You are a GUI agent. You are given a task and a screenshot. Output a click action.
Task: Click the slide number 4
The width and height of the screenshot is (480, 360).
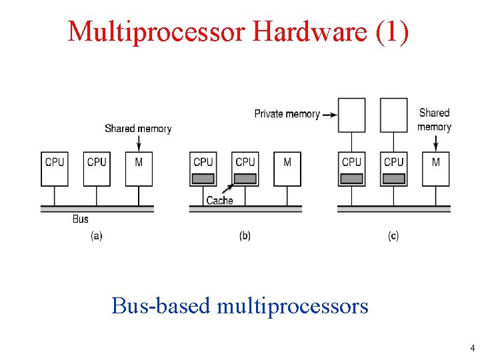click(472, 348)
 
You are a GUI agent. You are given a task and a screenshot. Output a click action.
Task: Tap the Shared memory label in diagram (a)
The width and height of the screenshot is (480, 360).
click(138, 128)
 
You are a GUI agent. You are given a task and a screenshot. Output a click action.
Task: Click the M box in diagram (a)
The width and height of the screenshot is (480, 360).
click(139, 169)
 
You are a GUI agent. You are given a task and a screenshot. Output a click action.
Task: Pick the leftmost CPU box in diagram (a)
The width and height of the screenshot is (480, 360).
click(55, 169)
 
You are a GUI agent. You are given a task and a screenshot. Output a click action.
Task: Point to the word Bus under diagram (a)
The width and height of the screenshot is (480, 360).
click(80, 219)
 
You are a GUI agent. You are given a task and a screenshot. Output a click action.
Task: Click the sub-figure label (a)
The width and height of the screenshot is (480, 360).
click(97, 236)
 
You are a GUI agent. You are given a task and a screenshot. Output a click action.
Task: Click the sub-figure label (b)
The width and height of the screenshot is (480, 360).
click(245, 236)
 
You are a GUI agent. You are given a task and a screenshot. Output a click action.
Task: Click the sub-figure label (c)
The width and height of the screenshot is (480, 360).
click(393, 236)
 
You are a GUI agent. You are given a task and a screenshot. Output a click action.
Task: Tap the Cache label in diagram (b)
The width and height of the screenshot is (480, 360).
click(219, 200)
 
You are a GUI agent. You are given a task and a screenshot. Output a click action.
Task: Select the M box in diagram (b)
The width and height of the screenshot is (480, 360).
click(287, 169)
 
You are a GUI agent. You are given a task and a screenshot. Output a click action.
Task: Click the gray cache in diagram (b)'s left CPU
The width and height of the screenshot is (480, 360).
click(203, 179)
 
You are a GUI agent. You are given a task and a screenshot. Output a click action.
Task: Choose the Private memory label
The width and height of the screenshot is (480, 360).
click(287, 114)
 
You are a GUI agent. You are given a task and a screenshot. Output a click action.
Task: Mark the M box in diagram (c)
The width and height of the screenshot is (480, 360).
click(436, 169)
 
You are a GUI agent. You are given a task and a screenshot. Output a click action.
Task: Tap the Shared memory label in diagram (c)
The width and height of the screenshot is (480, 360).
click(435, 119)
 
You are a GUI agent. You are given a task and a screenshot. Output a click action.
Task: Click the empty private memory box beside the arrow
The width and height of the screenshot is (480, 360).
click(352, 115)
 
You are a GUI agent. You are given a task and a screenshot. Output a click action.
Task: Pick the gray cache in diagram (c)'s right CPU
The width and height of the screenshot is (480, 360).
click(394, 179)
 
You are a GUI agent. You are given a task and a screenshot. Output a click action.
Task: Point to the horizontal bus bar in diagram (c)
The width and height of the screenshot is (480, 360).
click(393, 209)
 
